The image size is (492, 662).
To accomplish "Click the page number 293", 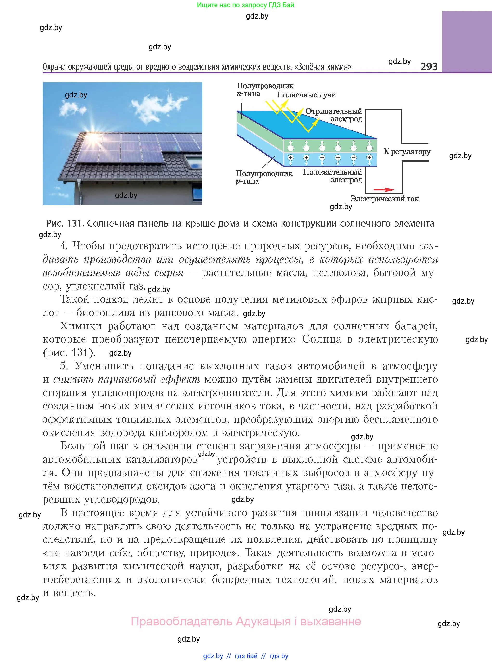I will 429,66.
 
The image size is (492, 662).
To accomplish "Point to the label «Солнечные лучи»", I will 307,95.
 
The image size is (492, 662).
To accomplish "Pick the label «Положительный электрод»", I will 333,176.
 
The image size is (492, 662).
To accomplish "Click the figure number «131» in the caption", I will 74,223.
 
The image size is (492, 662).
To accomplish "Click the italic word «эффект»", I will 180,379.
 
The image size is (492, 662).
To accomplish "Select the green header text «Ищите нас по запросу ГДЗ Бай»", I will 245,5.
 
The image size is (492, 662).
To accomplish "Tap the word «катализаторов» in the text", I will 162,459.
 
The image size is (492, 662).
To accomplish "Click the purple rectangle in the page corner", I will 467,42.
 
